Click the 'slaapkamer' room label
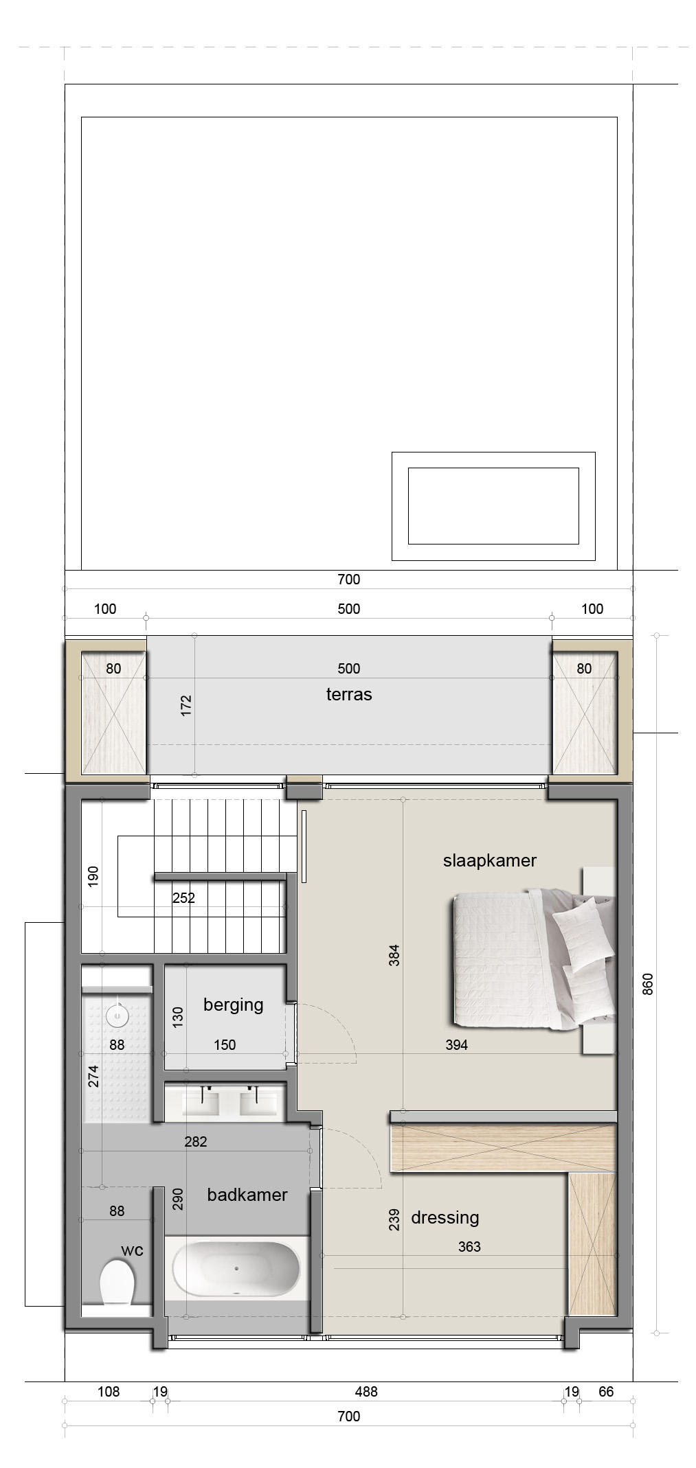point(489,860)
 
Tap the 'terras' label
point(349,694)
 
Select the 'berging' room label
point(234,1005)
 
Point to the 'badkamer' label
point(247,1195)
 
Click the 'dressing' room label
point(445,1218)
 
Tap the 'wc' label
point(133,1250)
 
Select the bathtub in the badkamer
point(236,1270)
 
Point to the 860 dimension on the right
point(648,984)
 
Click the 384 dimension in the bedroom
point(394,955)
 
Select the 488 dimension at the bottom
point(366,1392)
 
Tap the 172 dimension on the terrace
point(186,706)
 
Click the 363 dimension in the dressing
point(469,1246)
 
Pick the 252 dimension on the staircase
point(183,897)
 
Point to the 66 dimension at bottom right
point(606,1392)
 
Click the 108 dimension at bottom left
point(109,1392)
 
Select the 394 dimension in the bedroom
point(456,1045)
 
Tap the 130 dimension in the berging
point(178,1017)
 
